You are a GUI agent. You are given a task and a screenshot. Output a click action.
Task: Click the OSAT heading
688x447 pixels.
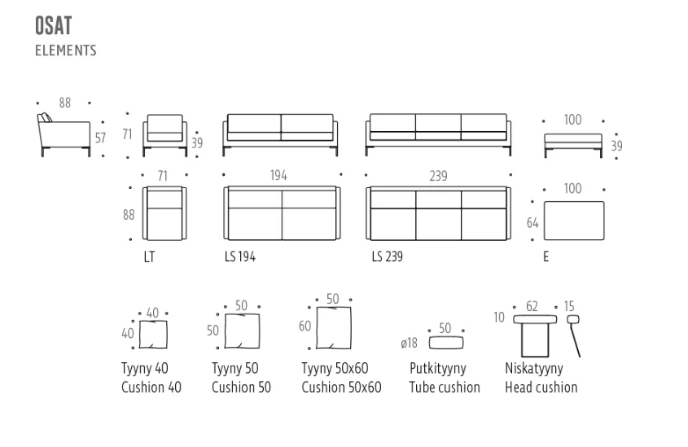(53, 25)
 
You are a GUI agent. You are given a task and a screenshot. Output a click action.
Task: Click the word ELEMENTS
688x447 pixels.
(66, 50)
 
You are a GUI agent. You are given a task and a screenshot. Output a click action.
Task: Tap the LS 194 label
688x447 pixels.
(240, 256)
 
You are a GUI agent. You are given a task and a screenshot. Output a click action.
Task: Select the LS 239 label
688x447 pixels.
(388, 256)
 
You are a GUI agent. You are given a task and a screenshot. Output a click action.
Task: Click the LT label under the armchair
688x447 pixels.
(149, 257)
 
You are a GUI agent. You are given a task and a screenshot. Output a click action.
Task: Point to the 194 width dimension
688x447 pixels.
(278, 176)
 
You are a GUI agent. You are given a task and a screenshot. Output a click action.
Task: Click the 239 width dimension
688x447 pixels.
(438, 176)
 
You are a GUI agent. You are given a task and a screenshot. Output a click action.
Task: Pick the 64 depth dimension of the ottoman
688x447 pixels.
(532, 223)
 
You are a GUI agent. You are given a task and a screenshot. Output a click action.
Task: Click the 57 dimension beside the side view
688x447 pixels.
(100, 138)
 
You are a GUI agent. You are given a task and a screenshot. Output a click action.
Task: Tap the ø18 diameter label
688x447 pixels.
(409, 343)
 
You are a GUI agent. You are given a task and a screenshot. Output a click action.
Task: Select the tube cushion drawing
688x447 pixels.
(446, 343)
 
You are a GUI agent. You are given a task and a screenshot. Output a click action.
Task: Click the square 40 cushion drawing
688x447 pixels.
(153, 335)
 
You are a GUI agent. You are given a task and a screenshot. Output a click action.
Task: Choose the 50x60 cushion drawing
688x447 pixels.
(334, 327)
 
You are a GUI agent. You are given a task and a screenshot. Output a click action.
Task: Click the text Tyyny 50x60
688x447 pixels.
(335, 369)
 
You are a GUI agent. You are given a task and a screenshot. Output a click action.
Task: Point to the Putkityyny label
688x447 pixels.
(438, 369)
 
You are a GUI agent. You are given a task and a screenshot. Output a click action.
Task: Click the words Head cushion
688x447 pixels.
(541, 388)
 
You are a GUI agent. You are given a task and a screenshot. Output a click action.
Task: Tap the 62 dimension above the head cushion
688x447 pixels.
(532, 306)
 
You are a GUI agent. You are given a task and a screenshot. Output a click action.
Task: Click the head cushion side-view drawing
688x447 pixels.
(574, 335)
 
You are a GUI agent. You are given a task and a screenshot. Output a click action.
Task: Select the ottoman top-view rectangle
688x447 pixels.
(574, 221)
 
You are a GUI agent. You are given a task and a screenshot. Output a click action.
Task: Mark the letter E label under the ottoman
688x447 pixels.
(546, 256)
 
